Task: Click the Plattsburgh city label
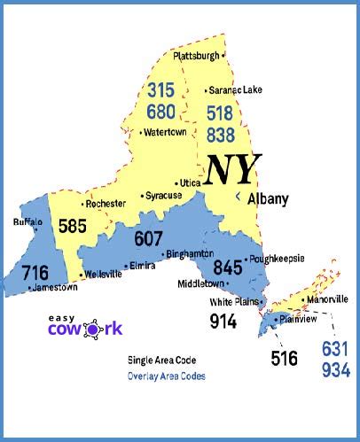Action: point(195,56)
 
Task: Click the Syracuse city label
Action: point(163,195)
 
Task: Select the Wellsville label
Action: point(105,275)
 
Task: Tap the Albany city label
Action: point(268,199)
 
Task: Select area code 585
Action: point(73,226)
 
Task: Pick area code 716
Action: point(36,272)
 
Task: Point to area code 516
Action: point(286,358)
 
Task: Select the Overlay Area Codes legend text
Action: point(167,376)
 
